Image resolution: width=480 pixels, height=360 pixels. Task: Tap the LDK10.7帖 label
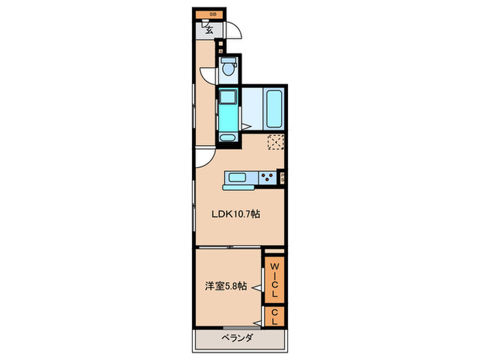pyautogui.click(x=235, y=214)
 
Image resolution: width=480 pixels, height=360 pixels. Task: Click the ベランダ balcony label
pyautogui.click(x=237, y=338)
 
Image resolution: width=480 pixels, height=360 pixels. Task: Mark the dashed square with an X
pyautogui.click(x=275, y=142)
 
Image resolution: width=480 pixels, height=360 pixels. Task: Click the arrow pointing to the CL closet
pyautogui.click(x=261, y=317)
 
